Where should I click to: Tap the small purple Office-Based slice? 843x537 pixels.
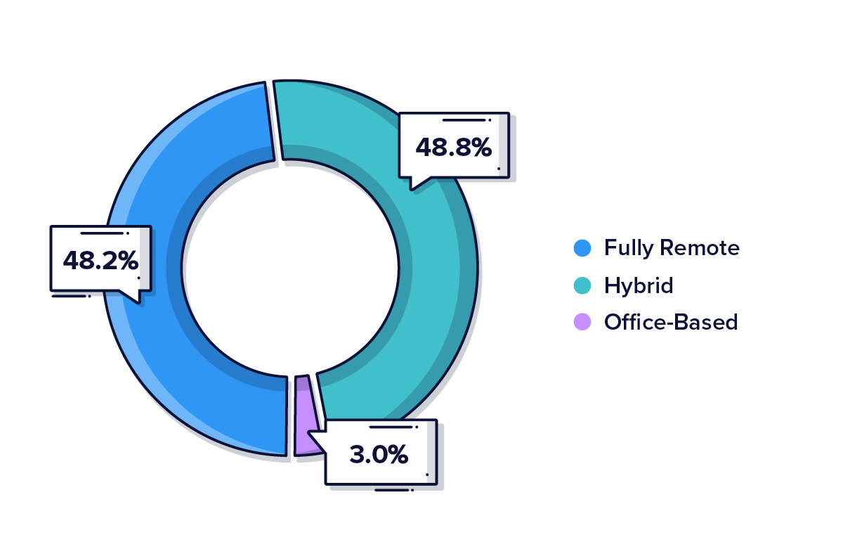tap(303, 415)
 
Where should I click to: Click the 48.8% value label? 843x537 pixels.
tap(453, 148)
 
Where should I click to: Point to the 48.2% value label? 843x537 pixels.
tap(100, 261)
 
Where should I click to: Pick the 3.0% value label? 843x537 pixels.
tap(379, 454)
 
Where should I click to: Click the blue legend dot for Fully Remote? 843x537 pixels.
tap(582, 248)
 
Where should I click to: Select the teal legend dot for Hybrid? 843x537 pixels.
tap(582, 285)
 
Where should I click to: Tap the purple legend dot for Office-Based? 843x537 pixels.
tap(582, 323)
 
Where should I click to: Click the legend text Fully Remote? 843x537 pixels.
tap(672, 248)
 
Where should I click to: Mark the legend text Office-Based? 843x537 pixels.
tap(671, 323)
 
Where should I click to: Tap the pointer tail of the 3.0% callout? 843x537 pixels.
tap(316, 440)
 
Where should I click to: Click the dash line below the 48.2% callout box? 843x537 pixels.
tap(68, 296)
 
